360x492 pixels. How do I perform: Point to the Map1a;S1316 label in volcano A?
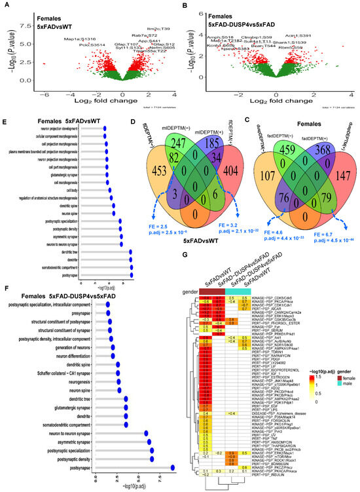(79, 39)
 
